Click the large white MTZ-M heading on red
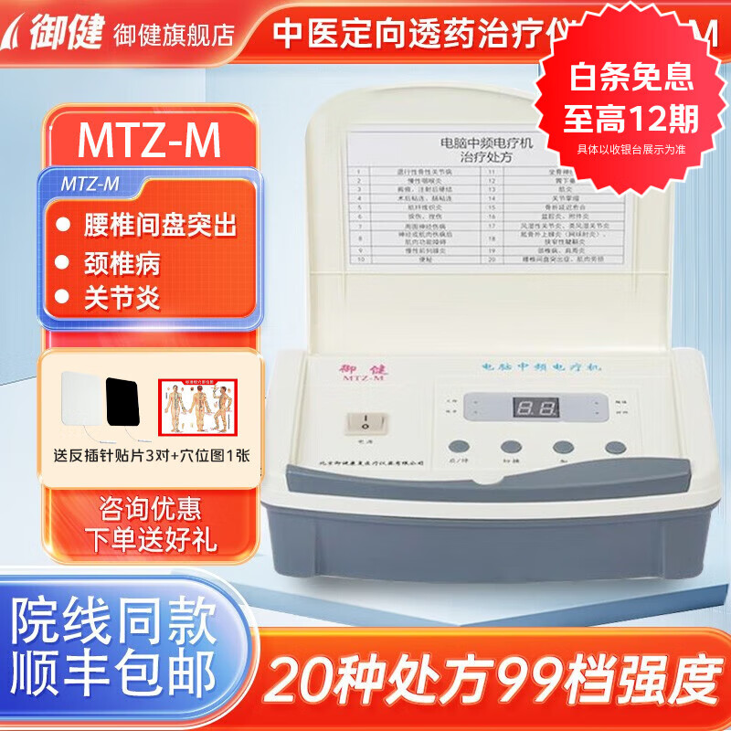(149, 141)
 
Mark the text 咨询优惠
(150, 507)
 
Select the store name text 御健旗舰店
(173, 34)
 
